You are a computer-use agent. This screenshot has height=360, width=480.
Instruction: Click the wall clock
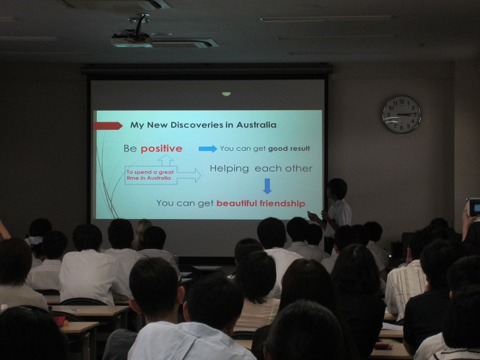coord(402,115)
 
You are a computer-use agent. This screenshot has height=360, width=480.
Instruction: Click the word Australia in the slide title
coord(256,124)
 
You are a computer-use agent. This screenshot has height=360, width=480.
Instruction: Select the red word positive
coord(161,148)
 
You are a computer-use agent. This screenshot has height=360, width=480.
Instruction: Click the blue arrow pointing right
coord(208,148)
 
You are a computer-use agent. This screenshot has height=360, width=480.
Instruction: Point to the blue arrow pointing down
coord(267,186)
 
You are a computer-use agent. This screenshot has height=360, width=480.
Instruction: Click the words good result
coord(289,148)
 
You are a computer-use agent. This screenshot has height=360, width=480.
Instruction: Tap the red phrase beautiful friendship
coord(261,203)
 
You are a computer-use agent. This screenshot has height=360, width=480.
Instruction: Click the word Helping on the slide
coord(229,169)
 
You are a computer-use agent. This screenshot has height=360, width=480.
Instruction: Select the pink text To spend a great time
coord(150,175)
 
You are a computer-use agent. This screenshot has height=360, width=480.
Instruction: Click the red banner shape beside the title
coord(108,125)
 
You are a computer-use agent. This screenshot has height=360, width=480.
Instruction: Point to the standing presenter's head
coord(337,188)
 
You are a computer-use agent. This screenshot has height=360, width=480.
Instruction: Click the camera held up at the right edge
coord(474,207)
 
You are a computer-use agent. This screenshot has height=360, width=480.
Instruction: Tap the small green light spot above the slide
coord(226,94)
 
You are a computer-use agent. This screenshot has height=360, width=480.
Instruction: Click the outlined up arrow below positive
coord(166,160)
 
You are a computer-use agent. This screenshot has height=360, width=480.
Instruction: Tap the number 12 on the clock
coord(402,101)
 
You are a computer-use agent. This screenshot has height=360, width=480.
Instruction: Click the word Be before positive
coord(130,148)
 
